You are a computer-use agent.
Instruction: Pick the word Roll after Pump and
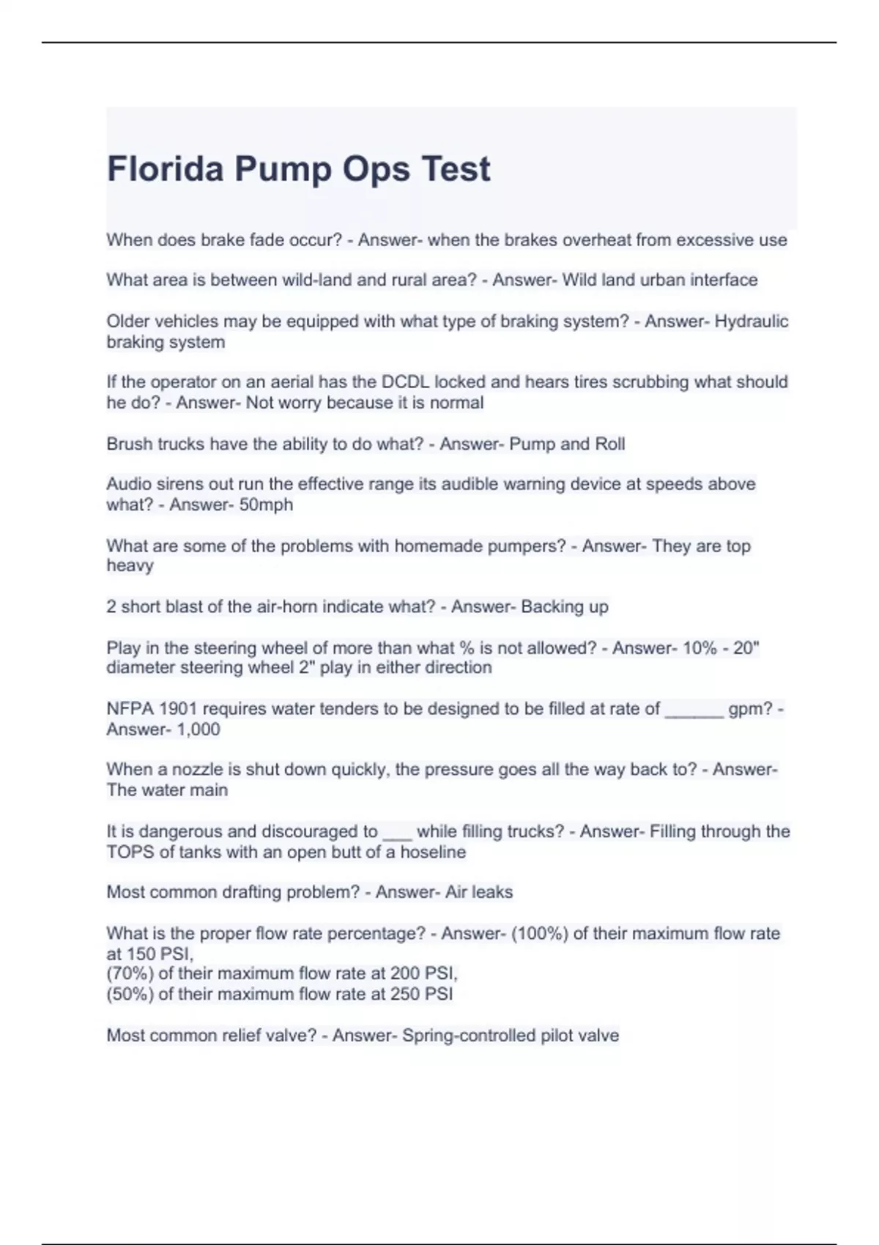pos(609,444)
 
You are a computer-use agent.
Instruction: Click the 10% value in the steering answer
pos(700,648)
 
